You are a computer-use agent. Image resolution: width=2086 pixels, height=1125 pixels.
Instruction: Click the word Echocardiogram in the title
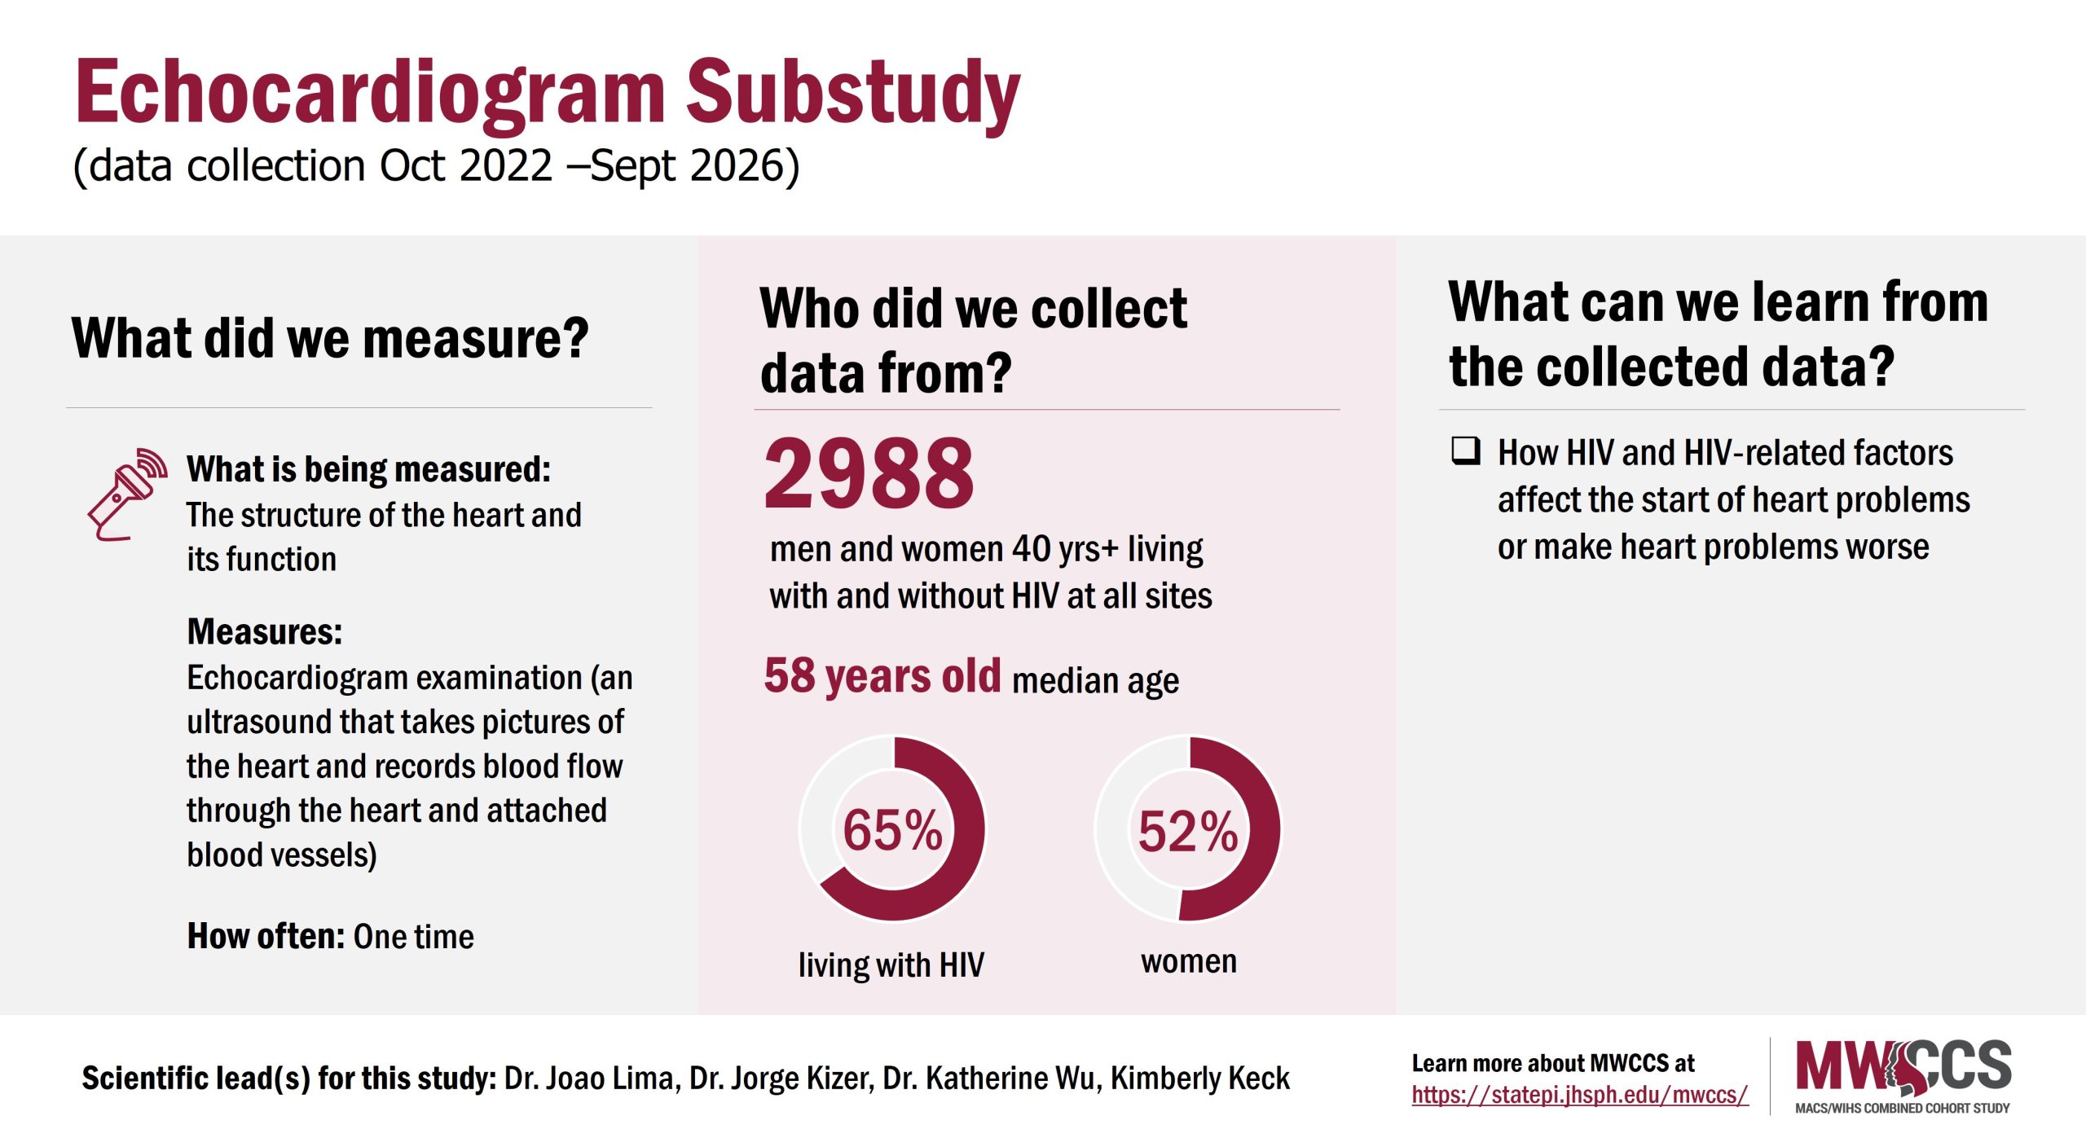coord(371,94)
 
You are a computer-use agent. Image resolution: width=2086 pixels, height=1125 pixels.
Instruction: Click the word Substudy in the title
coord(852,94)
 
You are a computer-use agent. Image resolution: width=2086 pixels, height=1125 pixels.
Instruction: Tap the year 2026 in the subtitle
coord(737,166)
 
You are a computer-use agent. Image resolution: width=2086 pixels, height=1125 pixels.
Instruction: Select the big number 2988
coord(869,474)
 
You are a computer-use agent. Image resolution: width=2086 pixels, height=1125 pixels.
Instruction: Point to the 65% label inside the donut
coord(892,830)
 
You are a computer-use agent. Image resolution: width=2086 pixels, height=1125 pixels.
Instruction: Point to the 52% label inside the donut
coord(1188,832)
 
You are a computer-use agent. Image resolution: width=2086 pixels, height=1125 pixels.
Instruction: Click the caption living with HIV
coord(891,965)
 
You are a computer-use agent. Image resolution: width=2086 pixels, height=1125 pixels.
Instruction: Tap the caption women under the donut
coord(1188,962)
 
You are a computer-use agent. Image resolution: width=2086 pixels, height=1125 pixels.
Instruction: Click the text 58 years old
coord(882,676)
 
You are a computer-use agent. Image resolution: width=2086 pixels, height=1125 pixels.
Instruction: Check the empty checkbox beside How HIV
coord(1465,450)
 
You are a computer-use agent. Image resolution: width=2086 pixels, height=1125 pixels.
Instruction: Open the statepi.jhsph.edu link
coord(1579,1096)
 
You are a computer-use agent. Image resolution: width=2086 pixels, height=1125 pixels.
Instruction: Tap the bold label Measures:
coord(265,632)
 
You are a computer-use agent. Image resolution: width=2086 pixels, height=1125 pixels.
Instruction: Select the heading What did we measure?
coord(330,339)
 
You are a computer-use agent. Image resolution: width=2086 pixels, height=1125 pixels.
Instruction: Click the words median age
coord(1095,681)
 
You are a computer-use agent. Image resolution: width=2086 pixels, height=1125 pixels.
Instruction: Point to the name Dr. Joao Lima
coord(591,1079)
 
